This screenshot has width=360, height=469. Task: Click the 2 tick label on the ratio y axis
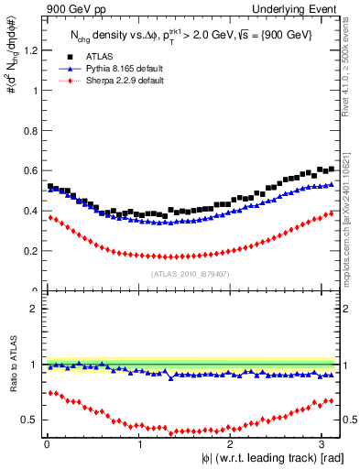35,309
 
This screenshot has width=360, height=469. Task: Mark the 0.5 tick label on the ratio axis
30,420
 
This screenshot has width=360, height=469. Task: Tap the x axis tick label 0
45,444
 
